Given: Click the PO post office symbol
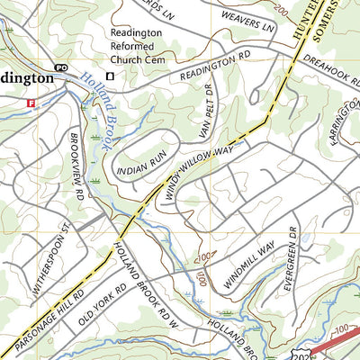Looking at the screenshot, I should click(61, 67).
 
